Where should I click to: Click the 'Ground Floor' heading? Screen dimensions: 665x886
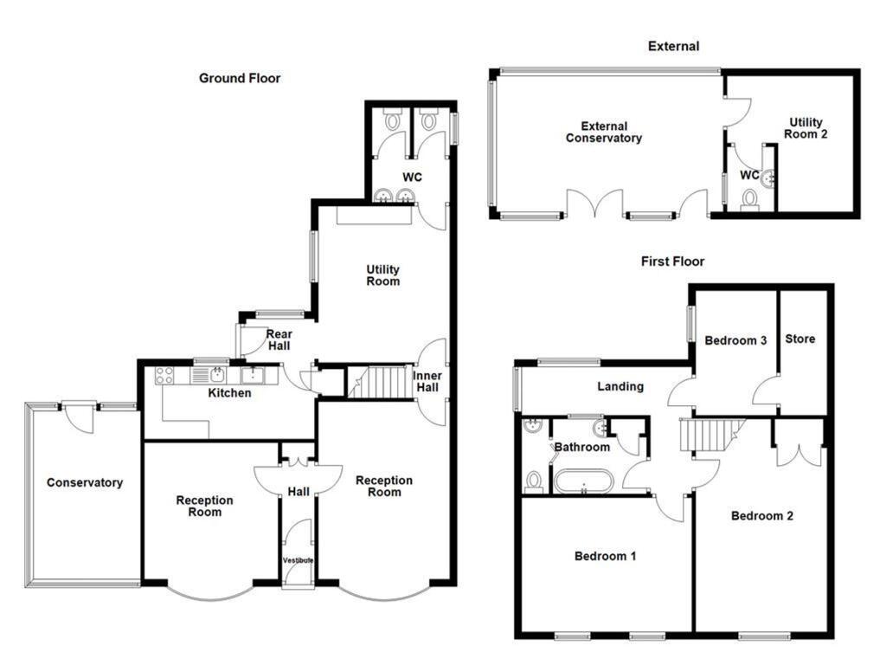[240, 78]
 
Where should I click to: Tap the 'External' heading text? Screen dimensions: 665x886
[673, 46]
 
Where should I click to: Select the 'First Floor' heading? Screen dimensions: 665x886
[672, 261]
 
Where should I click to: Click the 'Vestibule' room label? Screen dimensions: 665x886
[298, 561]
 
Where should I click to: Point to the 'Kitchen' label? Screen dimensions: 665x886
[230, 393]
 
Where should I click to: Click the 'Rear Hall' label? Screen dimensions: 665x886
[279, 340]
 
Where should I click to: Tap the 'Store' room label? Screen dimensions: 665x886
[799, 339]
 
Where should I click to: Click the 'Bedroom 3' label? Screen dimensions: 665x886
[735, 340]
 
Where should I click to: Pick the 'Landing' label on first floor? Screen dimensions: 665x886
[620, 386]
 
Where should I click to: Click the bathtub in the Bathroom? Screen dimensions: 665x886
[584, 480]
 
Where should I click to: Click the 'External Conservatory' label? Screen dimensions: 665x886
[604, 132]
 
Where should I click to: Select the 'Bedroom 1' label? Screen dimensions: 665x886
[606, 556]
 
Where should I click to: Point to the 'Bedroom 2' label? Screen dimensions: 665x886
[762, 516]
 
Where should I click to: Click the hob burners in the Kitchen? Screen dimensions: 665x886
[165, 376]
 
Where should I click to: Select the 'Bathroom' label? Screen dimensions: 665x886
[582, 447]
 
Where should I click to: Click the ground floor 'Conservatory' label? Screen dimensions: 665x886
[85, 482]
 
